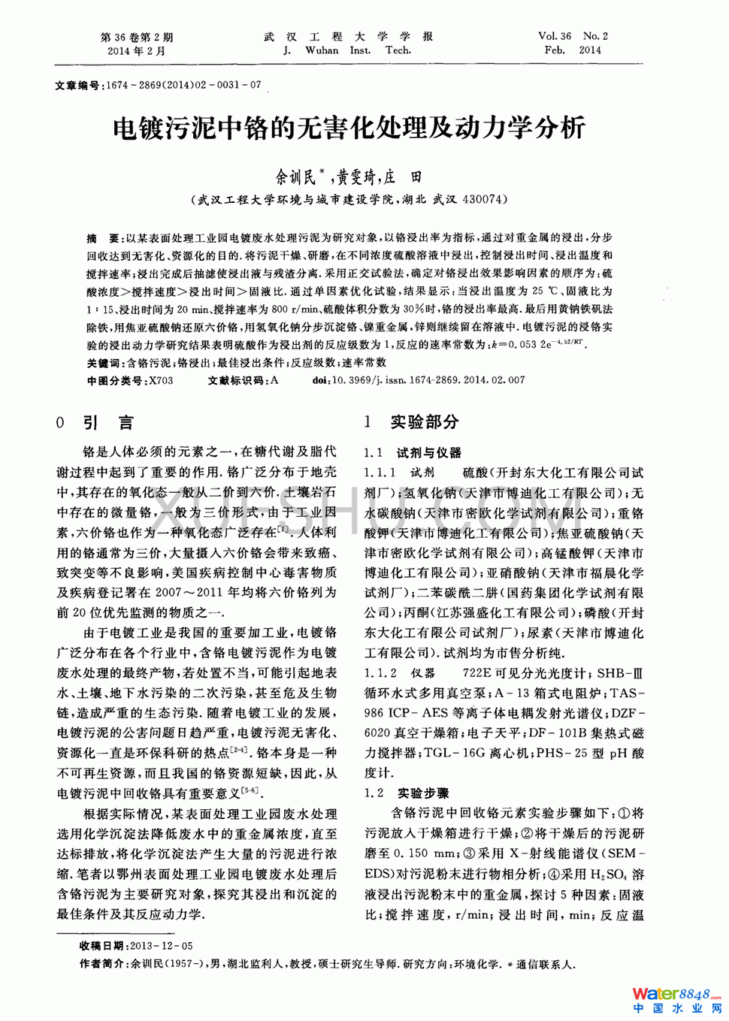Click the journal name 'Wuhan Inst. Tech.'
(x=347, y=50)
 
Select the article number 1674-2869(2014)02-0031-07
(x=183, y=85)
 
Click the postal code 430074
(x=484, y=199)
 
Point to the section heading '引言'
(x=108, y=423)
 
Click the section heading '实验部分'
(x=425, y=422)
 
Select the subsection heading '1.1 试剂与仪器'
(x=413, y=453)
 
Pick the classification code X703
(x=161, y=380)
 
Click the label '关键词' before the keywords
(x=103, y=363)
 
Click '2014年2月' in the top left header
(x=136, y=51)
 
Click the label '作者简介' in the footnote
(x=103, y=964)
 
